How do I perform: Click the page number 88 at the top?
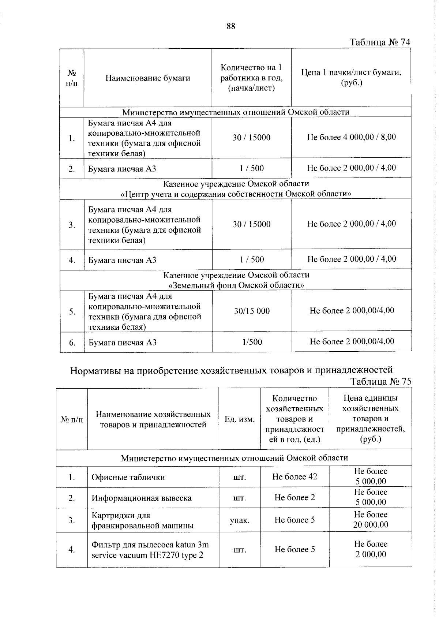[230, 26]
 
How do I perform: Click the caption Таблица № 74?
[380, 42]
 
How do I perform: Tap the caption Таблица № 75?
[380, 381]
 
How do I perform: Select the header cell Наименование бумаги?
[148, 78]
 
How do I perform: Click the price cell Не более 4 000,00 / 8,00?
[351, 137]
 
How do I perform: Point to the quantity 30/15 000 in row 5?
[252, 311]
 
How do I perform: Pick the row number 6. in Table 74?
[72, 343]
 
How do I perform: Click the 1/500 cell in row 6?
[252, 342]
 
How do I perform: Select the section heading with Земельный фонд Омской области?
[236, 285]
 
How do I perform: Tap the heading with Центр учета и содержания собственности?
[236, 194]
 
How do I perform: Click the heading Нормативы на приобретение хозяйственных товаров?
[231, 370]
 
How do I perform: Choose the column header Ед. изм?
[240, 419]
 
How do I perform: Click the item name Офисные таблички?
[128, 477]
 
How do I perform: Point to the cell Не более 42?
[294, 476]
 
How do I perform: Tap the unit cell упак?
[240, 520]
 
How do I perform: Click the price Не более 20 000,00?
[370, 520]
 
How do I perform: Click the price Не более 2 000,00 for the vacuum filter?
[370, 549]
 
